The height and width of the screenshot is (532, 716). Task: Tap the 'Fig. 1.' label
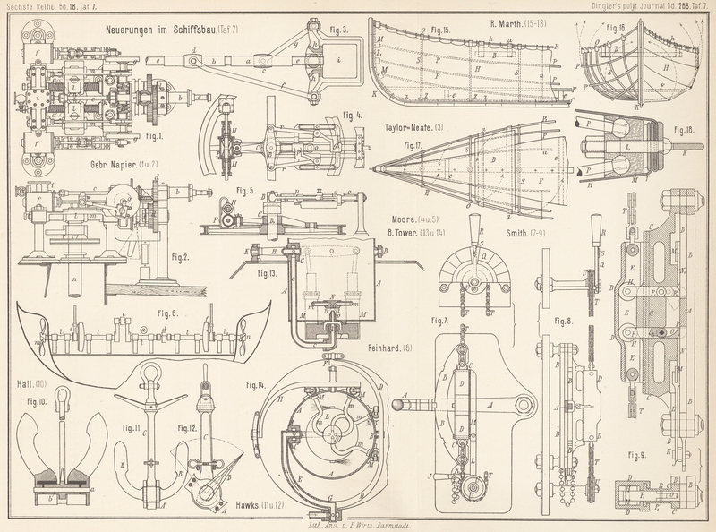point(152,137)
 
